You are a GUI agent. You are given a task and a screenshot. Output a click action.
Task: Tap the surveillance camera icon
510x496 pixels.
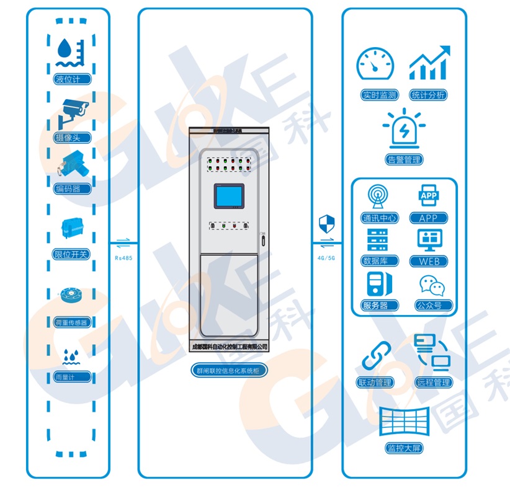[x=72, y=111]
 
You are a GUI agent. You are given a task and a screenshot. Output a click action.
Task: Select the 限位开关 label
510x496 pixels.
[x=72, y=254]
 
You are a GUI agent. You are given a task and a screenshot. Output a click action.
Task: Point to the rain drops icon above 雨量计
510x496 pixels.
[x=69, y=356]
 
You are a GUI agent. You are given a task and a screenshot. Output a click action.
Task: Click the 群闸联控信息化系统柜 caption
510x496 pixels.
[x=229, y=371]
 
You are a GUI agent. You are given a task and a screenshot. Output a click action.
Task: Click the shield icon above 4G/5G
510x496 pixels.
[x=326, y=223]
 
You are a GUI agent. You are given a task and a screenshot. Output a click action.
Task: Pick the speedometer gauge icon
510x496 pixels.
[x=375, y=64]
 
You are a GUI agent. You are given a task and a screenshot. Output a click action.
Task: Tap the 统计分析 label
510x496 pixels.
[x=429, y=95]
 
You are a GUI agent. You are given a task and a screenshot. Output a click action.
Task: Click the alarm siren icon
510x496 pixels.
[x=404, y=130]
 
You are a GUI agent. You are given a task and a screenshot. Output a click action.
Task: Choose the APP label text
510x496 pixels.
[x=429, y=218]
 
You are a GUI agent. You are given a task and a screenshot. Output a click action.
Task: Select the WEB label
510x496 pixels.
[x=429, y=261]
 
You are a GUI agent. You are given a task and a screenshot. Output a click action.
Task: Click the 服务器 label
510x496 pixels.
[x=375, y=305]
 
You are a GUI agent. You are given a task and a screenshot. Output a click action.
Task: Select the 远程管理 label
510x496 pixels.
[x=433, y=383]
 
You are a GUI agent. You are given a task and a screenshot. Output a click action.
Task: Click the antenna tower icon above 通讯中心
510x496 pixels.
[x=376, y=197]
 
